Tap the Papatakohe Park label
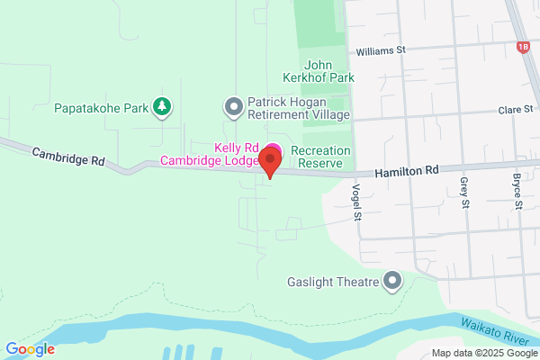click(x=100, y=108)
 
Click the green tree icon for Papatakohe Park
click(x=162, y=107)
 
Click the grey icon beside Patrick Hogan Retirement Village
click(x=233, y=107)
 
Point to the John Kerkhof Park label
click(x=329, y=71)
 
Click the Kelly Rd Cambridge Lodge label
click(x=212, y=155)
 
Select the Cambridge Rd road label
click(x=68, y=157)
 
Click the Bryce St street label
click(x=517, y=192)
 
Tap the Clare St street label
click(x=515, y=110)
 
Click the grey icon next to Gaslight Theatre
click(x=391, y=282)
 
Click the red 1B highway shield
click(x=524, y=46)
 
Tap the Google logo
click(x=30, y=349)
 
